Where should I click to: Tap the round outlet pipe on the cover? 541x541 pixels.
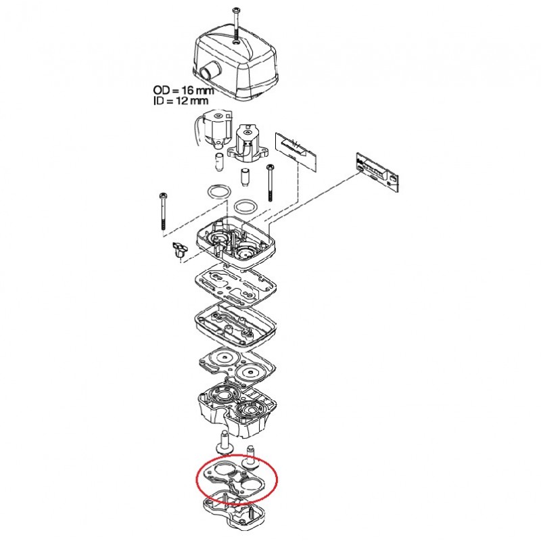[208, 72]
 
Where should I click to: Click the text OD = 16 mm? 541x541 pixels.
[183, 91]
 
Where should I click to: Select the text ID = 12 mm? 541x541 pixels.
[181, 101]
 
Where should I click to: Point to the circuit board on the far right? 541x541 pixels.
[377, 172]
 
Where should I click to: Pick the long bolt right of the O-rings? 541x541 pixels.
[270, 183]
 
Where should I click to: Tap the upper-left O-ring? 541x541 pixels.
[218, 192]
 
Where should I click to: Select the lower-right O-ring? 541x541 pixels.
[245, 206]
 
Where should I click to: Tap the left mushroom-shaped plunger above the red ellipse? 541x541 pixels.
[223, 442]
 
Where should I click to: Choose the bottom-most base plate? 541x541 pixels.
[235, 514]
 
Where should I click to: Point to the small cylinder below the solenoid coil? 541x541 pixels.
[218, 162]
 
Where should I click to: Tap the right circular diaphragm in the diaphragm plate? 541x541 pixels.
[250, 373]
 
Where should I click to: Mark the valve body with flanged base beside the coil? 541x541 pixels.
[247, 143]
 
